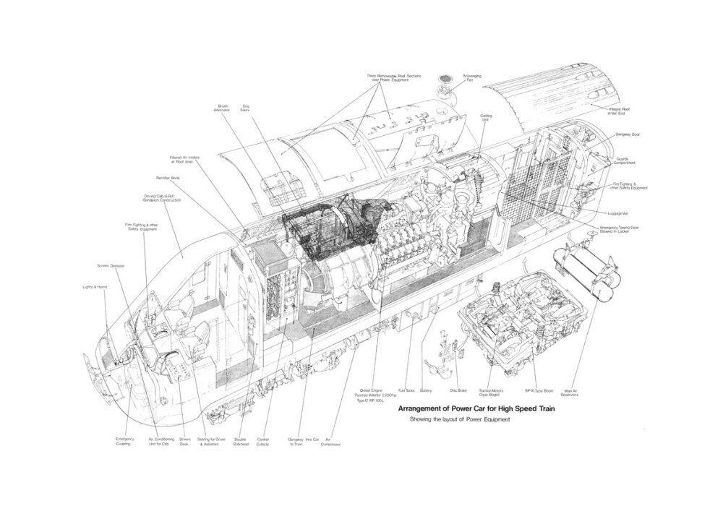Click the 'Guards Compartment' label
coord(626,160)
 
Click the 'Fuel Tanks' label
coord(406,391)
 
